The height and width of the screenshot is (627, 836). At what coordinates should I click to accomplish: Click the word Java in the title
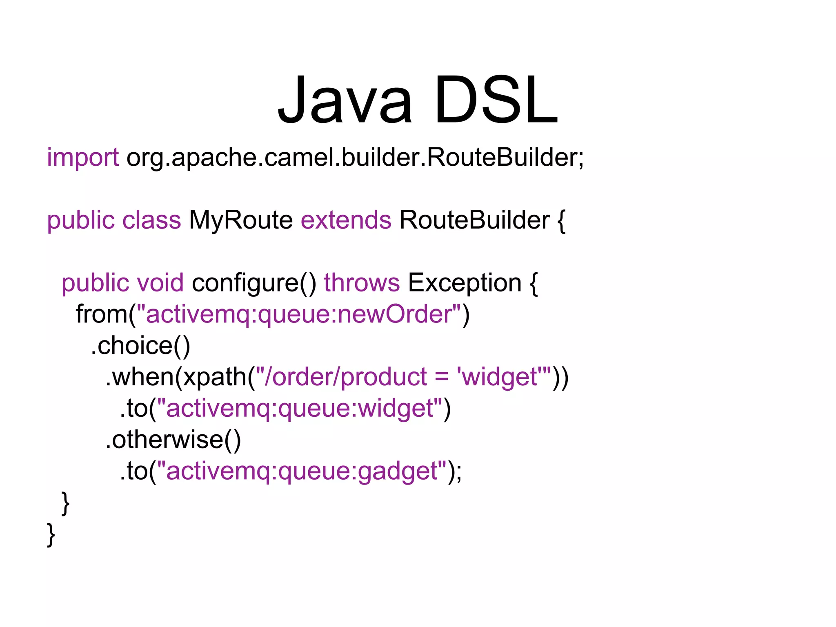click(x=345, y=100)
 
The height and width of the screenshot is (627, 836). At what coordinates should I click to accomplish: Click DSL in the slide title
click(x=496, y=100)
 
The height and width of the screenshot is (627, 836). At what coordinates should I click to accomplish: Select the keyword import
click(x=83, y=157)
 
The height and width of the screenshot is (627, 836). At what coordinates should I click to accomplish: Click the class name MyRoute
click(x=241, y=220)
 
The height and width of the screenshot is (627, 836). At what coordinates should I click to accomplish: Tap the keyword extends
click(x=346, y=220)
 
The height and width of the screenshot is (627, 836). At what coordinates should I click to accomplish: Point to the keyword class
click(x=151, y=220)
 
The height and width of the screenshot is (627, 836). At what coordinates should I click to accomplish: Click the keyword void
click(x=160, y=282)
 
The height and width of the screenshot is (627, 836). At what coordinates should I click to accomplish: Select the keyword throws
click(x=362, y=282)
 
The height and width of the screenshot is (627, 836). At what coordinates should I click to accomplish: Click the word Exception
click(x=465, y=282)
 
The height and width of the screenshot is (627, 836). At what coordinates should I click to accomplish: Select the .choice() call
click(x=140, y=345)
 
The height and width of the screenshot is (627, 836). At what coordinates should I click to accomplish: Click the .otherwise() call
click(x=173, y=439)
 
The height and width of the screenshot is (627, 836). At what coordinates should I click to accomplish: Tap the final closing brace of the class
click(x=51, y=534)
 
